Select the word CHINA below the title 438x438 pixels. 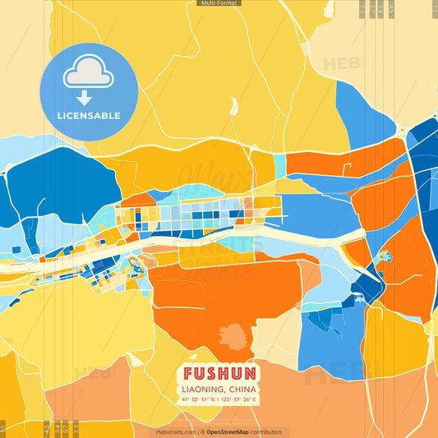point(242,389)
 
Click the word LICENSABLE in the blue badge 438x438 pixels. point(89,116)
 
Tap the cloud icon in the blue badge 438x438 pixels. point(89,73)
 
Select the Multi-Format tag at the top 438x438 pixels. point(219,3)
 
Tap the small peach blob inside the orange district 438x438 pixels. point(233,337)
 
